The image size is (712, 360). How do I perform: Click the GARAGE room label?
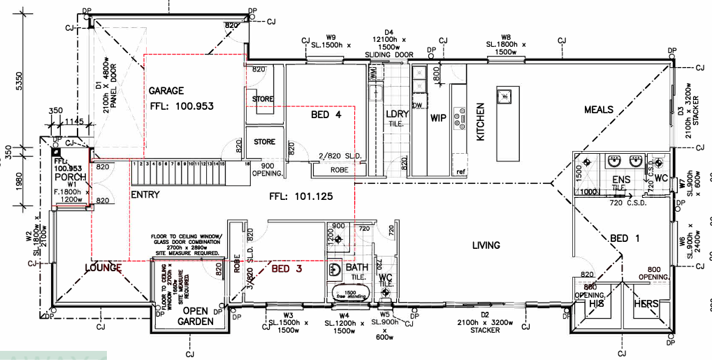click(x=166, y=91)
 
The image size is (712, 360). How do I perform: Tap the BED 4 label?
click(x=326, y=115)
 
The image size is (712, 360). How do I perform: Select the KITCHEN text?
click(x=481, y=122)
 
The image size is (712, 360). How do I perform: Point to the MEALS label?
click(x=599, y=110)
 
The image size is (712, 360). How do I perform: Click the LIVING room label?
click(x=486, y=245)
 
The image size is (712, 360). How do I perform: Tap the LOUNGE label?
click(x=103, y=268)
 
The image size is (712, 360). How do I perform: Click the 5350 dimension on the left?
click(x=20, y=81)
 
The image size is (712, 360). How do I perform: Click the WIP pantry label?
click(x=438, y=118)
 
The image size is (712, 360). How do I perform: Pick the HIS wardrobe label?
click(x=596, y=305)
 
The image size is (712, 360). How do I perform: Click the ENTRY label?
click(x=145, y=195)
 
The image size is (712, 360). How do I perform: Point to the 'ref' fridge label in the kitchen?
click(x=460, y=171)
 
